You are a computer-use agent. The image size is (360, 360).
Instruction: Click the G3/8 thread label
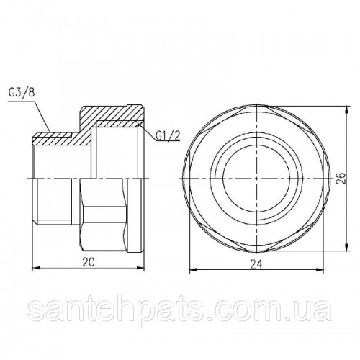click(x=22, y=93)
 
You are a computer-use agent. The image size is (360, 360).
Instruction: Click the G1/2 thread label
click(x=167, y=136)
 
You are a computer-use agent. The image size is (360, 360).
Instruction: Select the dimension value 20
click(x=88, y=263)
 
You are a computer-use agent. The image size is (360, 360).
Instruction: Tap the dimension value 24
click(x=256, y=264)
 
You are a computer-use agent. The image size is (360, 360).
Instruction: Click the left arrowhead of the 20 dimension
click(x=35, y=269)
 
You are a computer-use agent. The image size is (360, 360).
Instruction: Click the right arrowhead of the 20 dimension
click(x=140, y=269)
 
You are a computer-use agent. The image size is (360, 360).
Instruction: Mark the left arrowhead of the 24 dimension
click(x=193, y=270)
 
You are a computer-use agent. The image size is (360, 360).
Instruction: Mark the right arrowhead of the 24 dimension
click(x=320, y=270)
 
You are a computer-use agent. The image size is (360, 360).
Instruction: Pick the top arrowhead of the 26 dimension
click(x=346, y=109)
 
